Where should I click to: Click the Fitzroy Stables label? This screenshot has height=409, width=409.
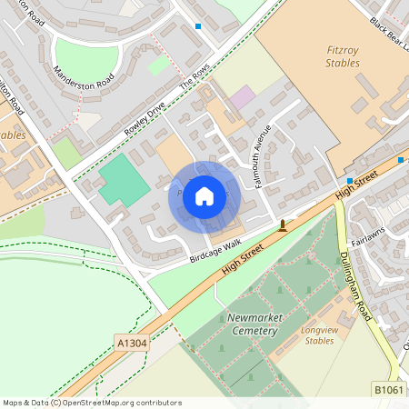click(342, 56)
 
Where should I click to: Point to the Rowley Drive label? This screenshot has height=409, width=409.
click(145, 117)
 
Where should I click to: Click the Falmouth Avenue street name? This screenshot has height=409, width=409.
click(260, 144)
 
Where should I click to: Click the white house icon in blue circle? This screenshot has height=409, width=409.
click(204, 196)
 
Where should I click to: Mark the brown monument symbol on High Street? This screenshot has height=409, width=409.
click(283, 225)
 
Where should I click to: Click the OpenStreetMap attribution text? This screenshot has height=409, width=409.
click(92, 402)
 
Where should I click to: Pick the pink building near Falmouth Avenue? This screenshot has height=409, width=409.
click(242, 96)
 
